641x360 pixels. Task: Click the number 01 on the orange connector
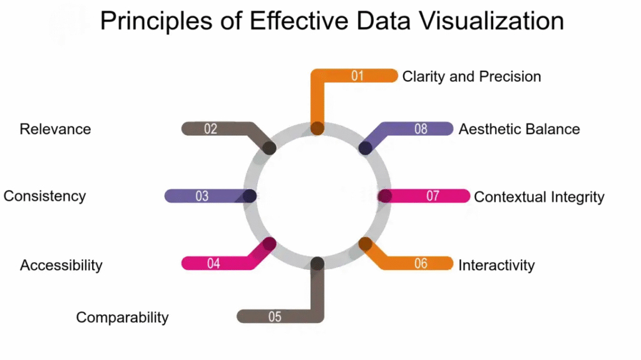click(357, 76)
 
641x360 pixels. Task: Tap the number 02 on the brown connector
click(210, 130)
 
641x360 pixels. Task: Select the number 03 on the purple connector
click(202, 196)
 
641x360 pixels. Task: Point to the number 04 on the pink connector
click(213, 264)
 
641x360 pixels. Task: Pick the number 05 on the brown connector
click(275, 317)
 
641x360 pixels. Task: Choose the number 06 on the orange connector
click(421, 264)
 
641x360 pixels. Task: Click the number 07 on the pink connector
click(433, 196)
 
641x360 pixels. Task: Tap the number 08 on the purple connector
click(421, 130)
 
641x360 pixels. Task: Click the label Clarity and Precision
click(471, 76)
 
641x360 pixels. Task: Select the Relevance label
click(55, 130)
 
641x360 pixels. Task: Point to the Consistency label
click(44, 196)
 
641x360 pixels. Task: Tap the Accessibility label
click(61, 265)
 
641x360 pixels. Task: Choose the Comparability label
click(122, 317)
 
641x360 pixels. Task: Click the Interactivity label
click(496, 265)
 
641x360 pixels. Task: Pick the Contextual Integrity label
click(539, 197)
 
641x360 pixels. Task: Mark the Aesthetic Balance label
click(519, 130)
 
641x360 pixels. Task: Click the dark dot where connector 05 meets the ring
click(317, 264)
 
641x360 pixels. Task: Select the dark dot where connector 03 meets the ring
click(250, 196)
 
